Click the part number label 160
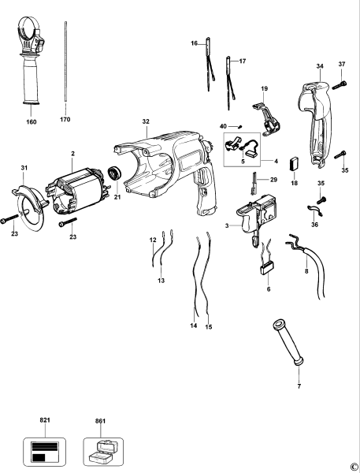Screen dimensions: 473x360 click(31, 122)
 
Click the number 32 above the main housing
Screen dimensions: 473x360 click(145, 122)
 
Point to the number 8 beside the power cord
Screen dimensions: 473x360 click(306, 271)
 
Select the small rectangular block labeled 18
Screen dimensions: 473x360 click(295, 165)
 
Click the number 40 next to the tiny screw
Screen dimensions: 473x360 click(223, 125)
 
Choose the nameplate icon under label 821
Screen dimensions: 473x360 click(44, 451)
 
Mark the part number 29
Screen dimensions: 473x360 click(273, 181)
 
